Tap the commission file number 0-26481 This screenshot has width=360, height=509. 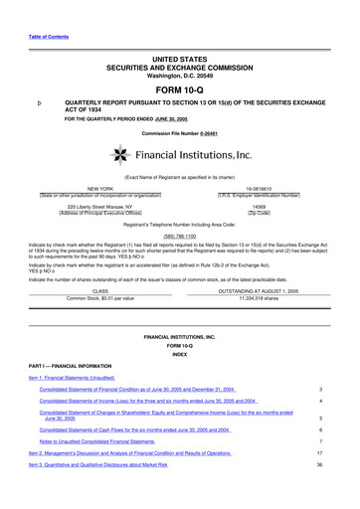coord(221,132)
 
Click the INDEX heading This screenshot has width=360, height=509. coord(179,352)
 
